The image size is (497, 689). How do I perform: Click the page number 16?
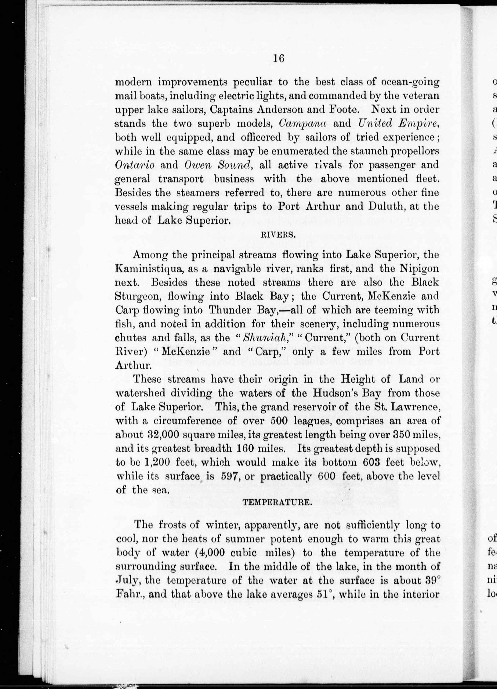point(278,58)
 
